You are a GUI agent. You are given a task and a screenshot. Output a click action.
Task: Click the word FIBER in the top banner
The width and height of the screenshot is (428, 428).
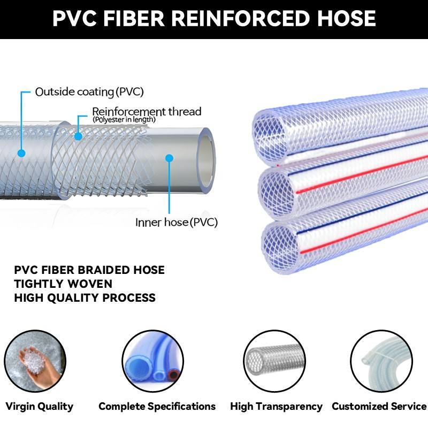tap(134, 18)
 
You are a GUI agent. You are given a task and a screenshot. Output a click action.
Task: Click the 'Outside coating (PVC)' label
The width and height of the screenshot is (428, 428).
tap(89, 92)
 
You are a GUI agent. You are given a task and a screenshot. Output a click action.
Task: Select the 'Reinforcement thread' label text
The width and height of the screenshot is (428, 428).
tap(147, 111)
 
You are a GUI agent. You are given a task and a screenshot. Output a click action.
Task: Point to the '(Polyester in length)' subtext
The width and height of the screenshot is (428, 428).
tap(124, 119)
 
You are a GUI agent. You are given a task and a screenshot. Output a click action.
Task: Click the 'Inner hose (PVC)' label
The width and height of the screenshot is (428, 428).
tap(177, 222)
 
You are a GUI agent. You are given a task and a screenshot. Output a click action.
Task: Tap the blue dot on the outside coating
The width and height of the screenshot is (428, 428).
tap(21, 153)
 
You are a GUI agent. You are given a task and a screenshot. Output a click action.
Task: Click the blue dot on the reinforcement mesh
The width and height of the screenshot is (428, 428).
tap(78, 136)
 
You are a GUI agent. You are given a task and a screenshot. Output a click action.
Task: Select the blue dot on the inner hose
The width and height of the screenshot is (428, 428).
tap(169, 158)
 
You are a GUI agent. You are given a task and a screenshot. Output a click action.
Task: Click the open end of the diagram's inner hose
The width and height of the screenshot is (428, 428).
tap(205, 160)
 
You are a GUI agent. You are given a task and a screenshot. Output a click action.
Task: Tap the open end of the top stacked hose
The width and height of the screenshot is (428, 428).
tap(270, 136)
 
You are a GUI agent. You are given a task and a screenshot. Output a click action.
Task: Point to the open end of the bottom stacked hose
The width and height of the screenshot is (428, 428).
tap(280, 246)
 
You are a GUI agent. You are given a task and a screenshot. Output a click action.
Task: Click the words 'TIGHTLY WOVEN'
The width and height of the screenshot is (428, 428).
tap(63, 284)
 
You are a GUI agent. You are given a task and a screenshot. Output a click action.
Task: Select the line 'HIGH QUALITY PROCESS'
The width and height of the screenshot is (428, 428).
tap(85, 297)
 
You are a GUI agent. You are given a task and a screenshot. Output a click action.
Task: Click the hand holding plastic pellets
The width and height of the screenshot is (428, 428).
tap(38, 363)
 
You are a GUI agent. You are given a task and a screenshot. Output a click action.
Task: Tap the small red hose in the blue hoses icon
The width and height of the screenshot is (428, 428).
tap(173, 375)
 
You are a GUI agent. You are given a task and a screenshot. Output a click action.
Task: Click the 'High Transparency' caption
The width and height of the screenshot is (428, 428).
tap(276, 407)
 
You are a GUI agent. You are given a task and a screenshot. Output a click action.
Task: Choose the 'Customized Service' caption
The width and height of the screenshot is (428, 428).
tap(379, 406)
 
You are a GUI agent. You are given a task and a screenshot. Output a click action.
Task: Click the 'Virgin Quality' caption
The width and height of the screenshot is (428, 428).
tap(39, 407)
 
